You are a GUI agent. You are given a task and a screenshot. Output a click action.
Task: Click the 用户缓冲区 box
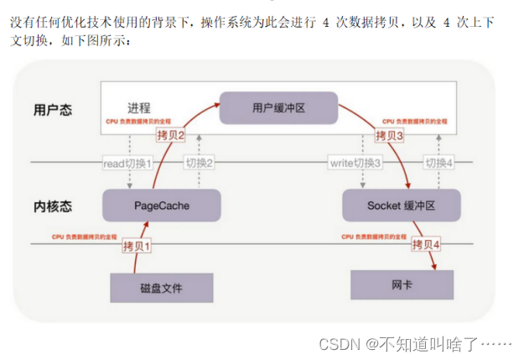coord(278,107)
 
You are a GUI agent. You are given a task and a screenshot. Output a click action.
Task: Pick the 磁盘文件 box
coord(161,288)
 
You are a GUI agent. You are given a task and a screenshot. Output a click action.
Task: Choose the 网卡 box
coord(402,285)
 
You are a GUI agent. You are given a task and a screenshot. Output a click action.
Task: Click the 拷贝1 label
coord(138,246)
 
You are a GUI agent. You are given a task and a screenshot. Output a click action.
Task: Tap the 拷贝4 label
coord(426,245)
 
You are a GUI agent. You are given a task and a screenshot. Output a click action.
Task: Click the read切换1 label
coord(127,162)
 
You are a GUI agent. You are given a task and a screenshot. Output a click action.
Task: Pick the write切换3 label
coord(355,162)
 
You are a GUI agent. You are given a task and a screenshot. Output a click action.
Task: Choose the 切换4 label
coord(438,162)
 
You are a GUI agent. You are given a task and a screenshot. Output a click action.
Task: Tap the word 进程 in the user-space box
coord(139,108)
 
